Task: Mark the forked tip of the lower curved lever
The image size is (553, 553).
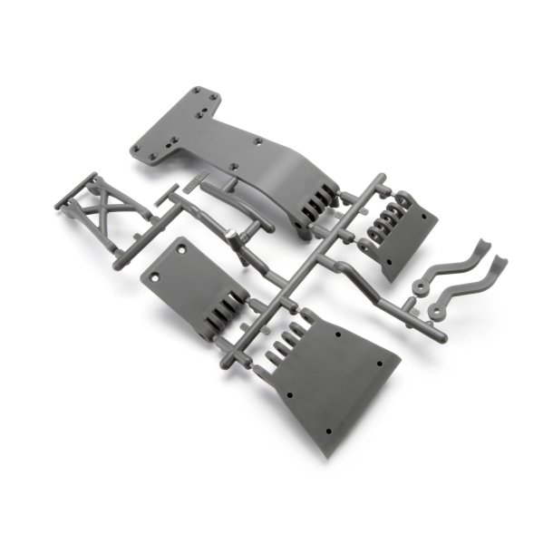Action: click(500, 264)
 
